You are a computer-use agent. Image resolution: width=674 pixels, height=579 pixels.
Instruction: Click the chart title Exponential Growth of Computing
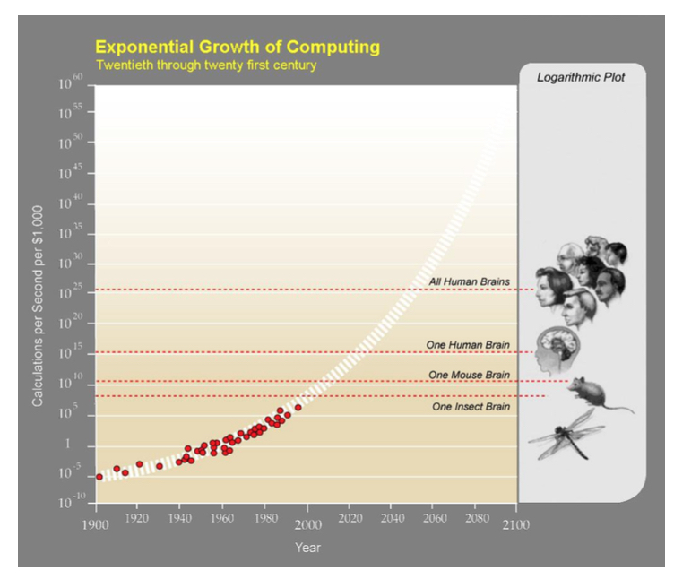[238, 47]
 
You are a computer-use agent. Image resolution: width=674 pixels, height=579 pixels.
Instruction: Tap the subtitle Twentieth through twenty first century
[206, 65]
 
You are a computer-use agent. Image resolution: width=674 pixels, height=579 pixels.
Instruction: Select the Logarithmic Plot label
[581, 77]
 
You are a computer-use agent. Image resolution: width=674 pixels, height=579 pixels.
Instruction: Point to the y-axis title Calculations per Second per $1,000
[38, 306]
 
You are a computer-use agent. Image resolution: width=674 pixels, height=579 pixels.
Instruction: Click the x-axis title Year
[307, 548]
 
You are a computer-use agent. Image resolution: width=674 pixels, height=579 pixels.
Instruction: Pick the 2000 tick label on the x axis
[307, 525]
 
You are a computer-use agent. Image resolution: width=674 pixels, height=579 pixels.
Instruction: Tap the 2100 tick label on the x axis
[516, 525]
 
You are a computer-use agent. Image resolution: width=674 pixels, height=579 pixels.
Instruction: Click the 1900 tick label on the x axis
[95, 525]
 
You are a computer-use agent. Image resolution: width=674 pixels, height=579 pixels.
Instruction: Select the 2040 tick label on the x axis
[393, 518]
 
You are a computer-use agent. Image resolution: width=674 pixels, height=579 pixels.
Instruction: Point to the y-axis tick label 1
[67, 444]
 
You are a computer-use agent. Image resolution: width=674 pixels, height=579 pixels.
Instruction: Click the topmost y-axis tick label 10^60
[71, 82]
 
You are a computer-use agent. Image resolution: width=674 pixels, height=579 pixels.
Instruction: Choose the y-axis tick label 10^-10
[72, 501]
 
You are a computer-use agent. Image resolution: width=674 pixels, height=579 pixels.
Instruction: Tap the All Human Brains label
[470, 281]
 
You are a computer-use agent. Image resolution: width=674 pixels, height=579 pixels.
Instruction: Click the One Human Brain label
[468, 345]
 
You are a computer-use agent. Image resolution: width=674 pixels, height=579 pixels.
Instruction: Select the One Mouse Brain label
[470, 375]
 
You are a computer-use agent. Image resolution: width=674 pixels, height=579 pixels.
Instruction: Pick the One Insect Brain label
[471, 407]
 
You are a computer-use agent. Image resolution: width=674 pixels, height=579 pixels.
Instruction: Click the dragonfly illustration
[566, 435]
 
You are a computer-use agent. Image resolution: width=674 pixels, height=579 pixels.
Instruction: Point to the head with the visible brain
[557, 349]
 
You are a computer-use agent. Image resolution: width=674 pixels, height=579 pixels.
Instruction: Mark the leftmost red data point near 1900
[99, 477]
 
